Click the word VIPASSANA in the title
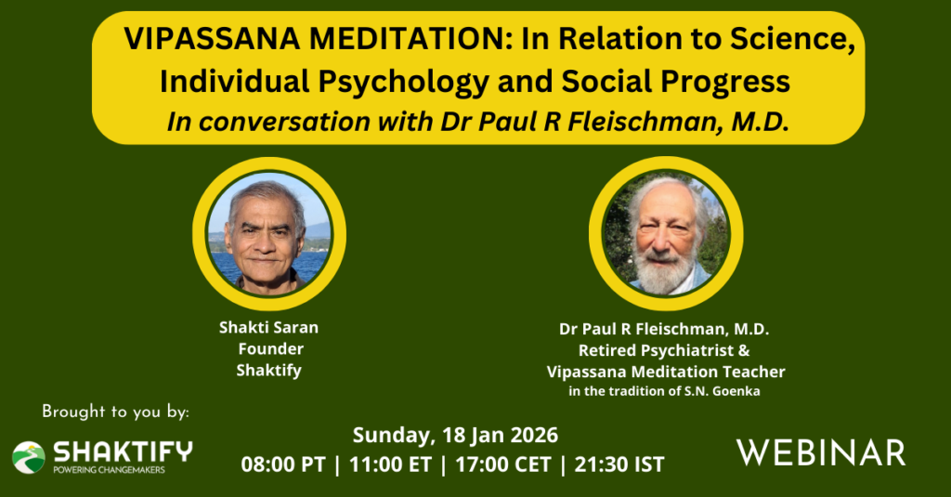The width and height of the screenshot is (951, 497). (x=212, y=39)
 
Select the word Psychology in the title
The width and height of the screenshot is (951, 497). (x=403, y=82)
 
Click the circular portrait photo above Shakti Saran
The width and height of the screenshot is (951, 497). (x=268, y=233)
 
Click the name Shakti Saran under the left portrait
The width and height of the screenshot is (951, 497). (x=268, y=328)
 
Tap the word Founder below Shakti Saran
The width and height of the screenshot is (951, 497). (x=270, y=349)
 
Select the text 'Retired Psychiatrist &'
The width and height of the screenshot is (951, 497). (x=664, y=351)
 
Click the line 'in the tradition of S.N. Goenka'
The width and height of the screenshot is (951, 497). (x=664, y=391)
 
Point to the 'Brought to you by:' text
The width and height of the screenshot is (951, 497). (x=115, y=412)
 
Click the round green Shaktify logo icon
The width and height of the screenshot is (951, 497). (x=29, y=458)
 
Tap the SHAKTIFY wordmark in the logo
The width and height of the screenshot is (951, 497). (x=124, y=452)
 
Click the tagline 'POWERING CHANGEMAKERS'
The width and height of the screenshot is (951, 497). (x=110, y=470)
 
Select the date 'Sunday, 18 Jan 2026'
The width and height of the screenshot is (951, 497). (x=455, y=436)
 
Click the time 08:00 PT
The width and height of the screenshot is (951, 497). (x=283, y=464)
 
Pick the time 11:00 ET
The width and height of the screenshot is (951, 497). (x=390, y=464)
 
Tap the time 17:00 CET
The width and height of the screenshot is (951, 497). (x=502, y=464)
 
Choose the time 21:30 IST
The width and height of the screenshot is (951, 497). (x=619, y=464)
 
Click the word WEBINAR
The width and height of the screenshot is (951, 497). (x=821, y=453)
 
